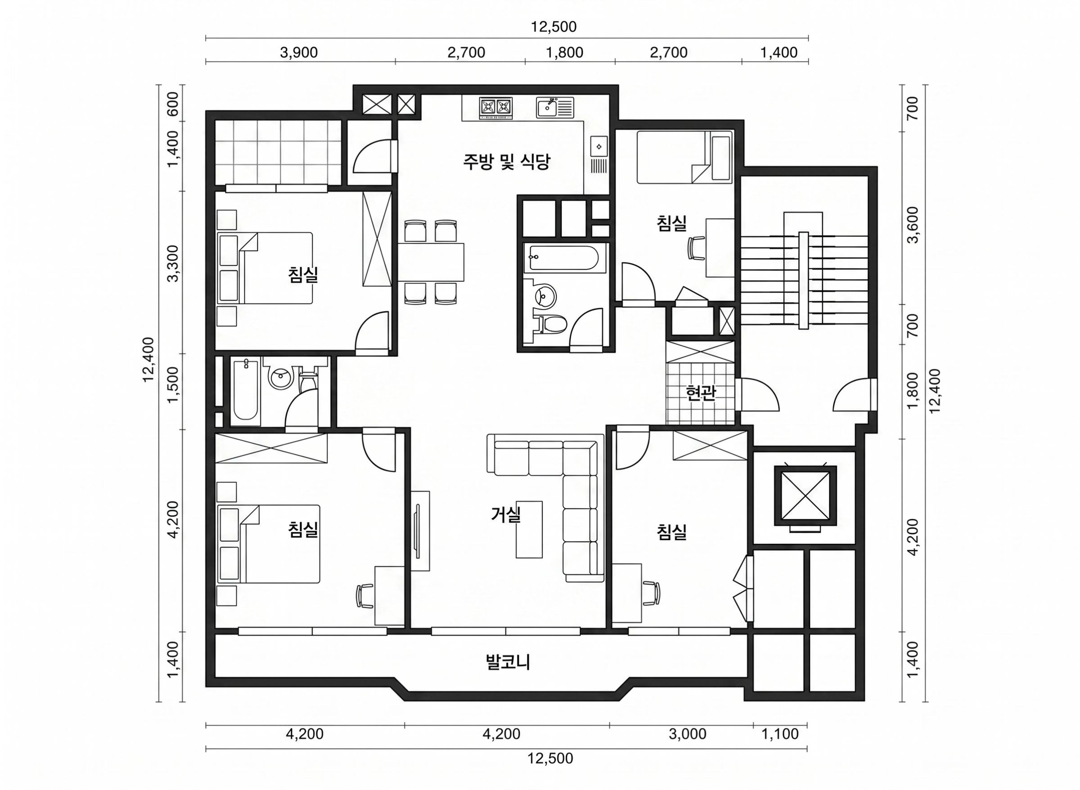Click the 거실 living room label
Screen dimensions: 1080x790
pos(505,514)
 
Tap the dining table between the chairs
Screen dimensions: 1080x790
pos(431,262)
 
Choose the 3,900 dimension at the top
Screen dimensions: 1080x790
pos(299,53)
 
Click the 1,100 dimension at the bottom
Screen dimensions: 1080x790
pos(780,734)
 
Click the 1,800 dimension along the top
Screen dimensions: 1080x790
pos(565,53)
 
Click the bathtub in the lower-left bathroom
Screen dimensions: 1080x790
pos(246,390)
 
